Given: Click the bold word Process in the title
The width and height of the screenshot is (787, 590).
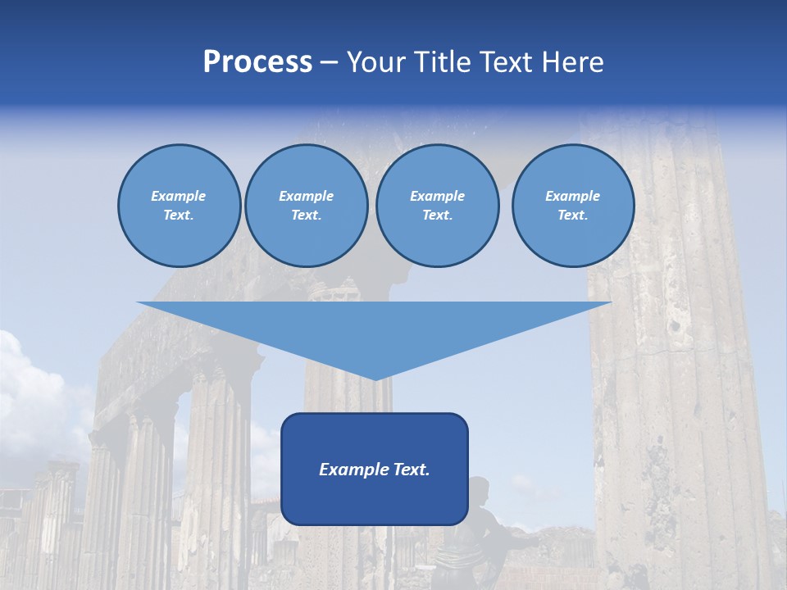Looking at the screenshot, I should pyautogui.click(x=257, y=62).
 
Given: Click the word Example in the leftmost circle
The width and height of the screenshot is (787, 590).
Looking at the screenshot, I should pyautogui.click(x=179, y=196).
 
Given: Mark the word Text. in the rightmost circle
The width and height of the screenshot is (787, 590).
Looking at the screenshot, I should pyautogui.click(x=572, y=216).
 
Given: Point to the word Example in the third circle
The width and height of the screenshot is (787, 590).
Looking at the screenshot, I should pyautogui.click(x=437, y=196).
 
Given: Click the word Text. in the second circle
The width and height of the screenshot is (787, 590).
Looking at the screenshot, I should pyautogui.click(x=306, y=216).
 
